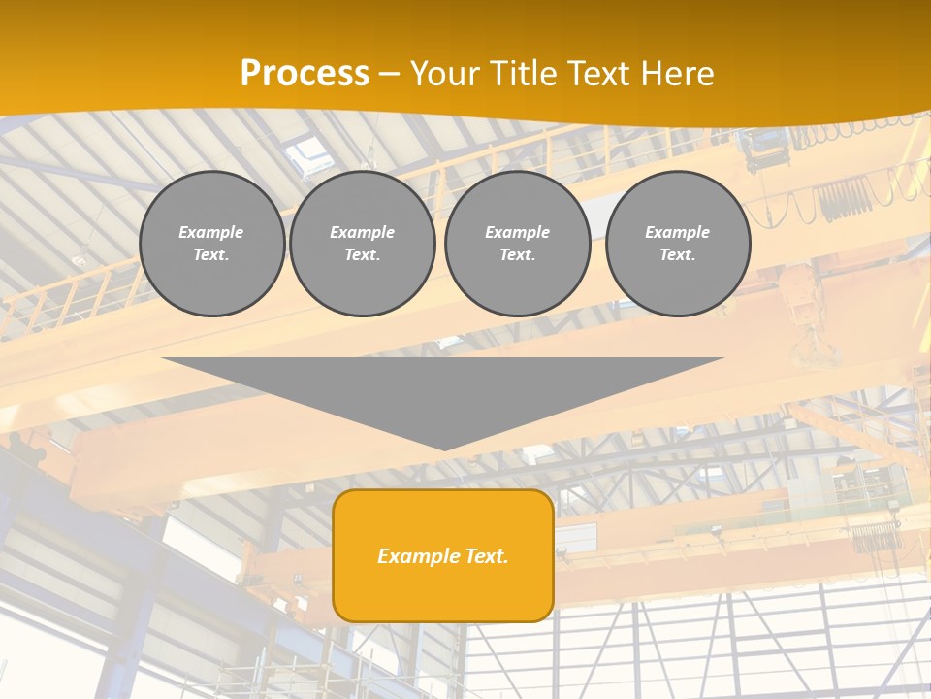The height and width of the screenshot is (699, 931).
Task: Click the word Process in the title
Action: click(305, 74)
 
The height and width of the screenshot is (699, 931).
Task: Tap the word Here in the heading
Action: click(676, 74)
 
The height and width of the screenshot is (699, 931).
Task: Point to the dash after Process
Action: click(389, 76)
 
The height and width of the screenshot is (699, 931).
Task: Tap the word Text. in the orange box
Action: click(486, 556)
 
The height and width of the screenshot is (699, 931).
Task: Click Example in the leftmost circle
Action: click(211, 232)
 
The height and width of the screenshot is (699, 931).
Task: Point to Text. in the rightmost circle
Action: click(678, 254)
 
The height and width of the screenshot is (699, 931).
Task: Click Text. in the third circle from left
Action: click(517, 254)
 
